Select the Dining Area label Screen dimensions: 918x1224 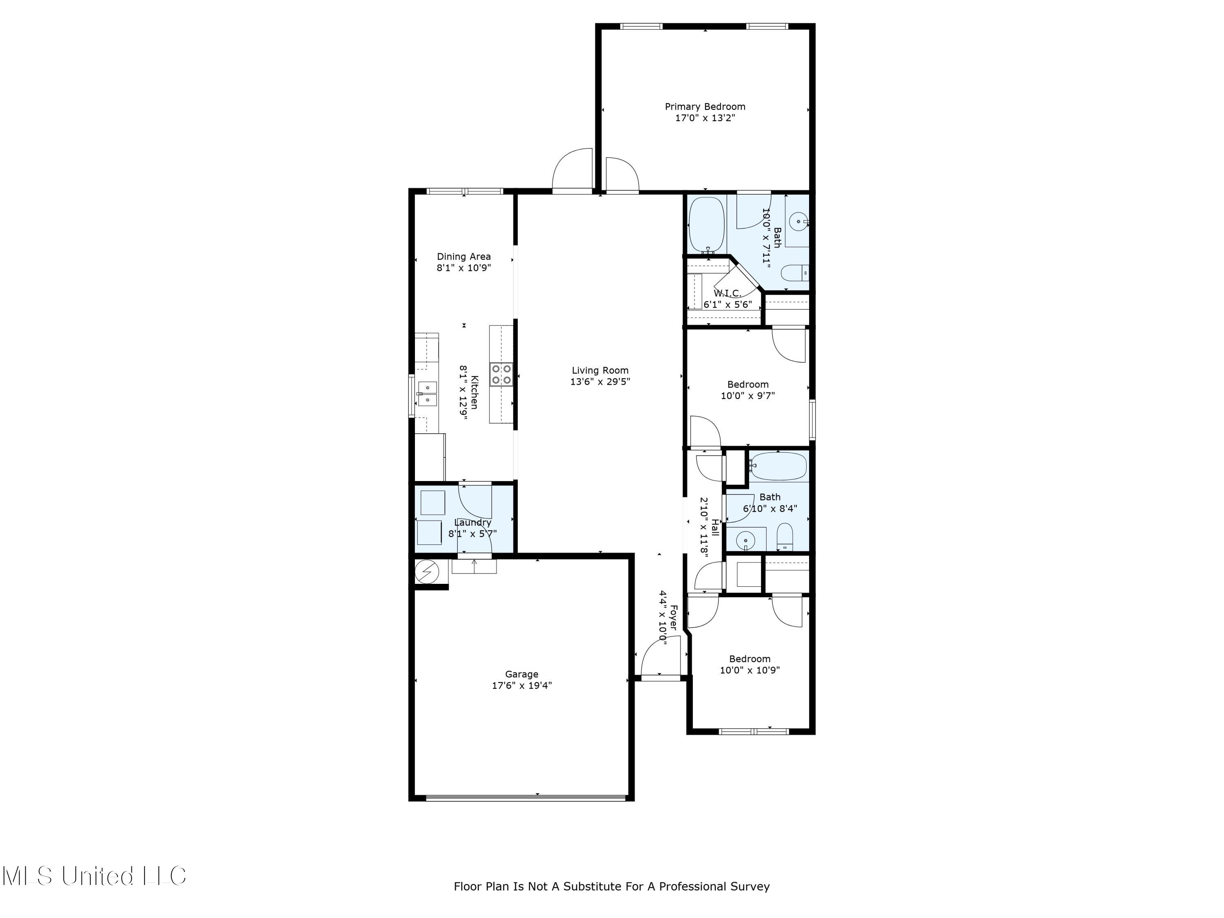click(464, 257)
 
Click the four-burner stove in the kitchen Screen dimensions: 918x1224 click(501, 375)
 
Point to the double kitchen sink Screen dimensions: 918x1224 click(427, 393)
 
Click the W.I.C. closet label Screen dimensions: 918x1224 click(727, 294)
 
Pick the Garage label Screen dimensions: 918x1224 click(521, 674)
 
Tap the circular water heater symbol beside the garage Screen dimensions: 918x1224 click(427, 571)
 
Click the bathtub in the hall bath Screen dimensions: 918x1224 click(778, 466)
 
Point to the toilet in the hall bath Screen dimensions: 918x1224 click(785, 537)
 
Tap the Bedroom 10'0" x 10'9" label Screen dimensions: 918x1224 click(749, 659)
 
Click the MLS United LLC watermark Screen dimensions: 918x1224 click(94, 876)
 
